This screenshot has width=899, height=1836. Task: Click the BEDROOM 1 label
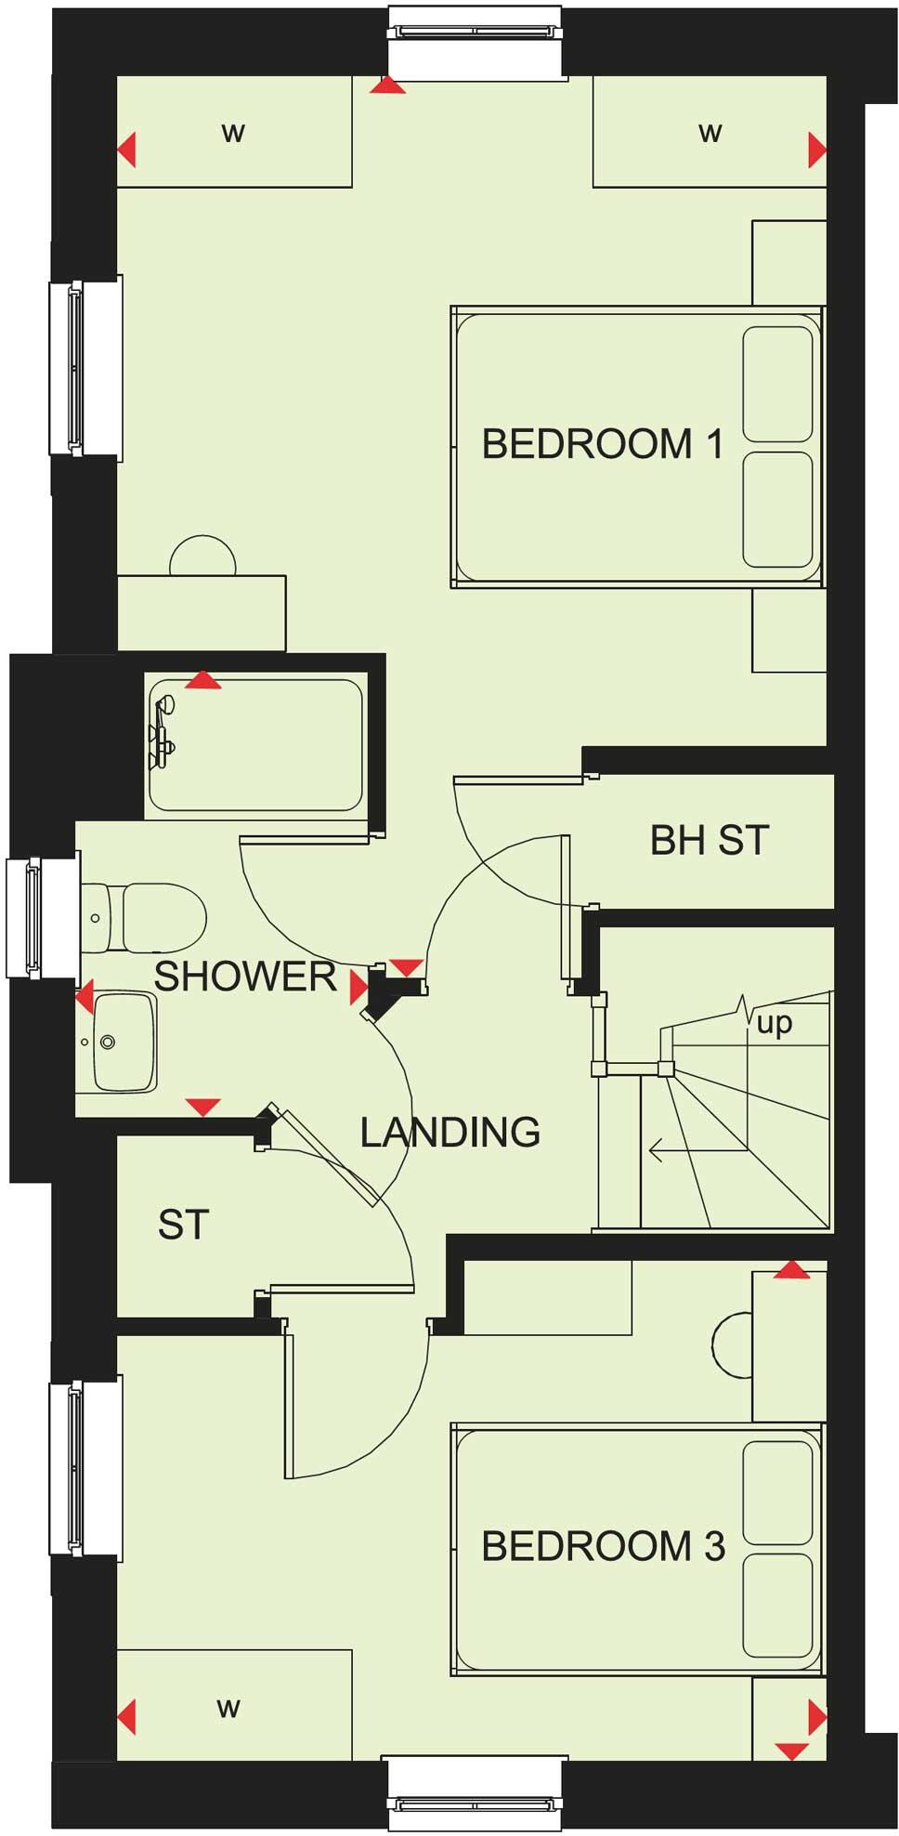(x=602, y=444)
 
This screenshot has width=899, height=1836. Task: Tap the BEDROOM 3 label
(x=602, y=1546)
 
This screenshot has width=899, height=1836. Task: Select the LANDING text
(x=449, y=1132)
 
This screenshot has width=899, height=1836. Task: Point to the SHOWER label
(x=244, y=977)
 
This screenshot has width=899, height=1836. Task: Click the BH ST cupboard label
(x=710, y=840)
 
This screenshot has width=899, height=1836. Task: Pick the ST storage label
(x=183, y=1225)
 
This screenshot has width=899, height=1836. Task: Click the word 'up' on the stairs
(x=775, y=1024)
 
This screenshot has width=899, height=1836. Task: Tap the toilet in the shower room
(x=149, y=918)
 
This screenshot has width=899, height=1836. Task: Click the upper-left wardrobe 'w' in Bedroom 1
(x=233, y=133)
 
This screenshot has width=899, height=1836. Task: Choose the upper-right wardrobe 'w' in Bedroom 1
(x=710, y=133)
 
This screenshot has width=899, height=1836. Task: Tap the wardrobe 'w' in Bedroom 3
(x=228, y=1708)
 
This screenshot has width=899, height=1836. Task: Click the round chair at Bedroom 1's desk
(x=202, y=557)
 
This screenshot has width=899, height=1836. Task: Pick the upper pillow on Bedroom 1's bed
(x=777, y=385)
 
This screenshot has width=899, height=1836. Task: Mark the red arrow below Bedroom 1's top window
(x=387, y=85)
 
